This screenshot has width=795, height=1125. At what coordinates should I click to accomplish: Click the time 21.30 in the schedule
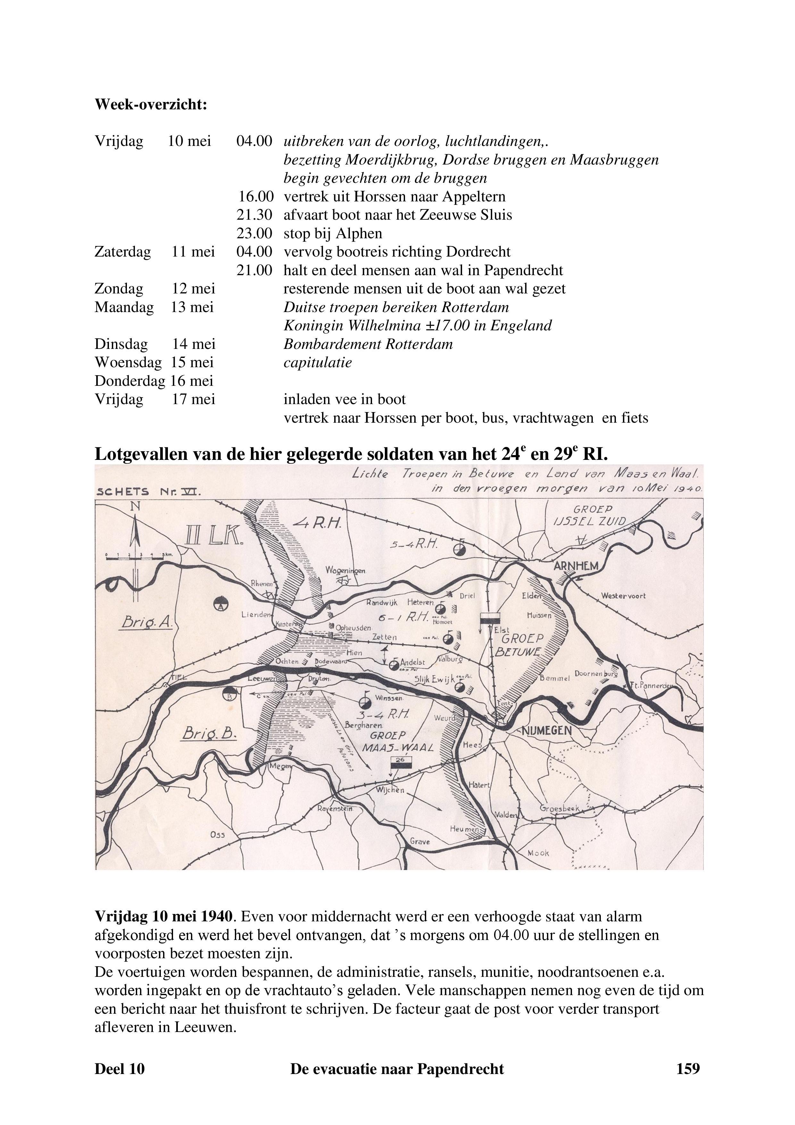254,215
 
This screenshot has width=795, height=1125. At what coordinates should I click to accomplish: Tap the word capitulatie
317,363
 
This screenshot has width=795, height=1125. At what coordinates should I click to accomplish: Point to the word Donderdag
129,381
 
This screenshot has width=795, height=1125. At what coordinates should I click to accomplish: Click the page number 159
688,1069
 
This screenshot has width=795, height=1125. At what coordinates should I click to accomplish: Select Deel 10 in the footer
120,1069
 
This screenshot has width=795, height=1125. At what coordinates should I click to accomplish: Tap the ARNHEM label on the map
576,566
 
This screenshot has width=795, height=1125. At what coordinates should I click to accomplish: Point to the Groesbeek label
559,808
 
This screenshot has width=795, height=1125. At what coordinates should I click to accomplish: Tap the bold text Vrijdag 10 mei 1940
165,916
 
